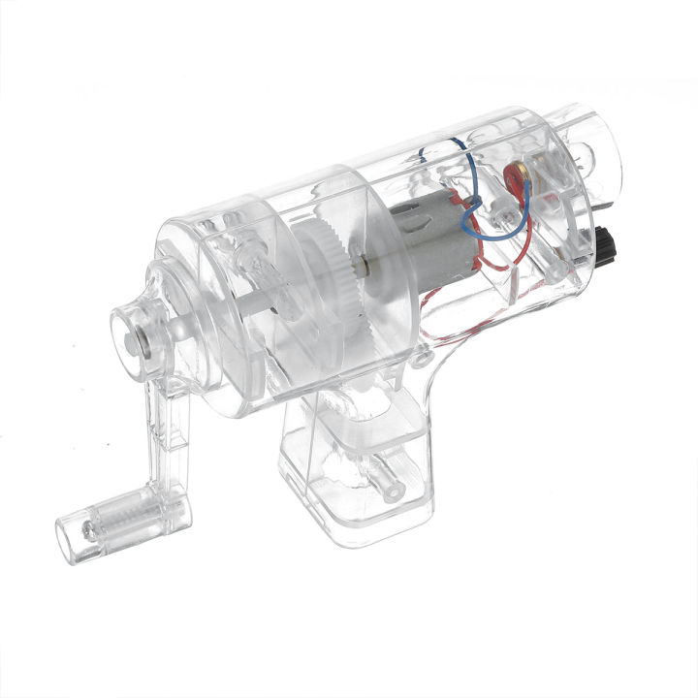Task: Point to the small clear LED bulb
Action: (x=493, y=217)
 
